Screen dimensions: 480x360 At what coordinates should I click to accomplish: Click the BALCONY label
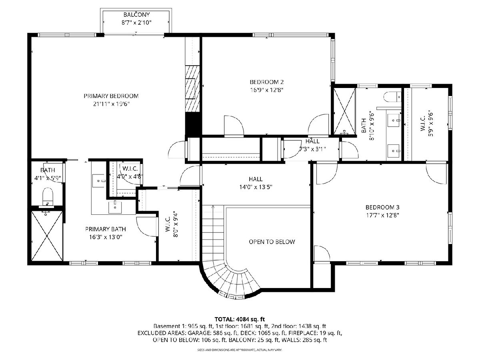(136, 15)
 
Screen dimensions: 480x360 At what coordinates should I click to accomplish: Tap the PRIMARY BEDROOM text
(111, 96)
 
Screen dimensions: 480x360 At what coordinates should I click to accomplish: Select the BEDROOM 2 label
(267, 82)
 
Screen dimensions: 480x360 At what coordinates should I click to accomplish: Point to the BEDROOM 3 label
(382, 207)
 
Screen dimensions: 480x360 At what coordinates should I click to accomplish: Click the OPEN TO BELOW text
(272, 242)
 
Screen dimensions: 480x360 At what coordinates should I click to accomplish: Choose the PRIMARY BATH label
(106, 229)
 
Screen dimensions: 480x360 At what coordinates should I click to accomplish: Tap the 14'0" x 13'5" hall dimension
(256, 187)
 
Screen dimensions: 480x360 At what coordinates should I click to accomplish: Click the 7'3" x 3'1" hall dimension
(312, 149)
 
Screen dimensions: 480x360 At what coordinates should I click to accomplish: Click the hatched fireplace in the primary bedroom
(192, 89)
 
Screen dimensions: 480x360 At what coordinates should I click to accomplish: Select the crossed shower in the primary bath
(47, 236)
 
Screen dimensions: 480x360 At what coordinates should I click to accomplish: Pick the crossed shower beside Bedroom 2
(344, 111)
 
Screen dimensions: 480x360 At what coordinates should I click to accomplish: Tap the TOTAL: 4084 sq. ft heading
(240, 319)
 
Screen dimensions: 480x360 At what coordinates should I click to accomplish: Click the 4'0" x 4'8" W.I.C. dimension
(130, 176)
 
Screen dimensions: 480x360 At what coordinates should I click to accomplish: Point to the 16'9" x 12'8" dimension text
(267, 90)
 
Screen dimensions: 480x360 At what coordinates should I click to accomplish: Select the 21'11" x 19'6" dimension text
(111, 104)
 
